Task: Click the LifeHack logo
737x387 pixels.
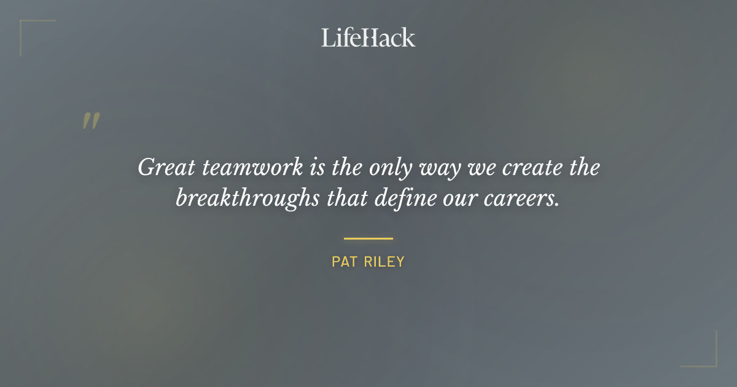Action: [368, 37]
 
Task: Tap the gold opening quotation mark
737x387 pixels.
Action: [91, 121]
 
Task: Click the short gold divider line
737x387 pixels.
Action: [368, 238]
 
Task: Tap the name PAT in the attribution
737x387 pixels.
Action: [345, 262]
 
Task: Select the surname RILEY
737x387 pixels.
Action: [384, 262]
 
